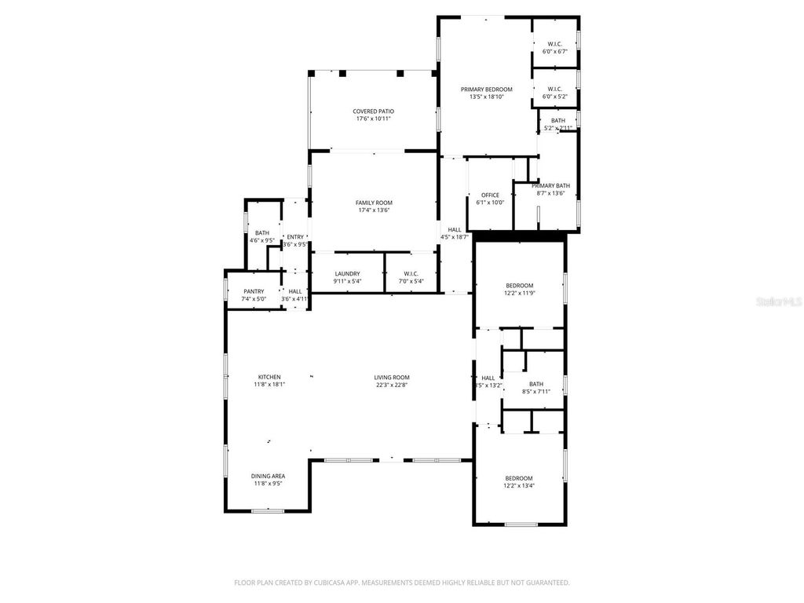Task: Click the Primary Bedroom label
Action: [486, 89]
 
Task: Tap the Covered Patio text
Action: [373, 111]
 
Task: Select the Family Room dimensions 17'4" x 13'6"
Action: [373, 210]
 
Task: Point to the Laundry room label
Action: [346, 273]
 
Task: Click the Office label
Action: [490, 195]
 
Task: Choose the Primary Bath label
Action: [554, 186]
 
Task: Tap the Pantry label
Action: [254, 291]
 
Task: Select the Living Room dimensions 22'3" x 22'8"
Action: [392, 385]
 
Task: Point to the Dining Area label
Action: [268, 476]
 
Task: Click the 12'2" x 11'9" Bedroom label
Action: [519, 285]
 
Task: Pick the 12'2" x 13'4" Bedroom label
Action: [518, 478]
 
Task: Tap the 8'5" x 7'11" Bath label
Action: [535, 384]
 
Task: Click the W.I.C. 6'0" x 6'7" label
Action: [554, 44]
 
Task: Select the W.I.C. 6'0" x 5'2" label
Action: [554, 89]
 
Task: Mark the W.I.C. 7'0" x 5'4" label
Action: [411, 273]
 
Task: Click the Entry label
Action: [294, 237]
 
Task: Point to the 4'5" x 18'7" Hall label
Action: [455, 230]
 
